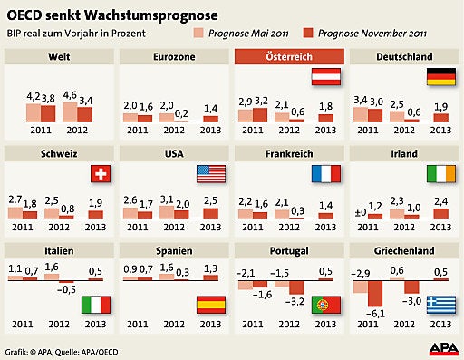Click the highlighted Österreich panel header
289,57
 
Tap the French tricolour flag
324,173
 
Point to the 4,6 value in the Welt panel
70,93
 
